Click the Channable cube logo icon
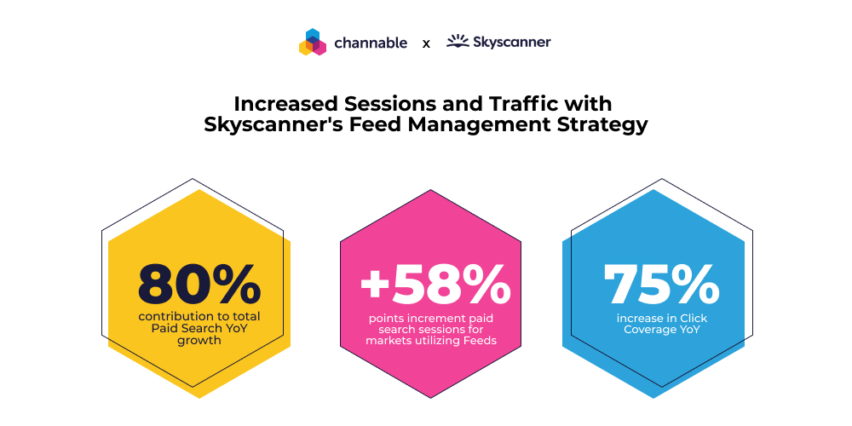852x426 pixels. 313,42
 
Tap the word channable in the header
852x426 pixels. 371,43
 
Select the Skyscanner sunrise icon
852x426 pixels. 458,41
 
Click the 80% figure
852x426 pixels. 199,284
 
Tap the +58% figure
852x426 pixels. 435,284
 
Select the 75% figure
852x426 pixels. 661,284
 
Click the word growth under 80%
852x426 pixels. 199,341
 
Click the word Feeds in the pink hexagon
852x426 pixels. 478,341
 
